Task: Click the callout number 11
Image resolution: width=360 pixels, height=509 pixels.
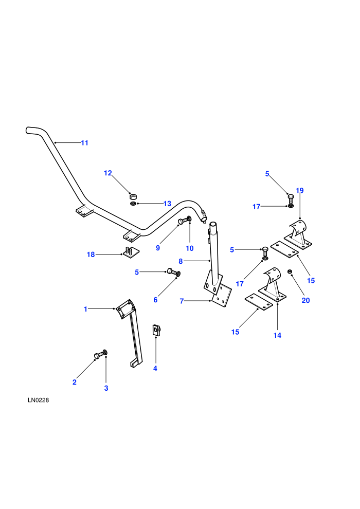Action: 84,143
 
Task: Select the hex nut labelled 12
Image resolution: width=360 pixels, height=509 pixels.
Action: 133,196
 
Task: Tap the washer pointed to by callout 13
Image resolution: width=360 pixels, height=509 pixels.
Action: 133,204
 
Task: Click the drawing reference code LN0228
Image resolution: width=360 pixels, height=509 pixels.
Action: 38,400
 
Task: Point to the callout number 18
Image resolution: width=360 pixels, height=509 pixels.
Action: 91,254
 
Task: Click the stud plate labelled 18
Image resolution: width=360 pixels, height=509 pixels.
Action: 131,252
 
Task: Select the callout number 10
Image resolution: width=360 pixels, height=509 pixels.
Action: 190,248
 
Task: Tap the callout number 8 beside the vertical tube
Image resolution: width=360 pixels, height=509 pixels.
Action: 181,261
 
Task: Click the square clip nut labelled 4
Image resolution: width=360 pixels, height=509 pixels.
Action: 156,331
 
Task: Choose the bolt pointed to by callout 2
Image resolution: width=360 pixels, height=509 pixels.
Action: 99,355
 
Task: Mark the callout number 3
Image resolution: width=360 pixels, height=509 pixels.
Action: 106,388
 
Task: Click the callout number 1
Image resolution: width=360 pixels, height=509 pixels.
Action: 86,309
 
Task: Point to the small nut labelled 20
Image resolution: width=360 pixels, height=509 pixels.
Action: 289,271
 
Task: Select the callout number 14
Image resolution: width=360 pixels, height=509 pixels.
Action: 277,335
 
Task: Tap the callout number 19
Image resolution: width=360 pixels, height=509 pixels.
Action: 300,191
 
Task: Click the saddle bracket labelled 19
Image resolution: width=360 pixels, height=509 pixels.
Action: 298,234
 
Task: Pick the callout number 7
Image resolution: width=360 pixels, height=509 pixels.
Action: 182,301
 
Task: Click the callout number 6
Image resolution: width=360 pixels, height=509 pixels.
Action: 155,300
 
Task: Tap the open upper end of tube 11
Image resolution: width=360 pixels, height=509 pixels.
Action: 27,130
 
